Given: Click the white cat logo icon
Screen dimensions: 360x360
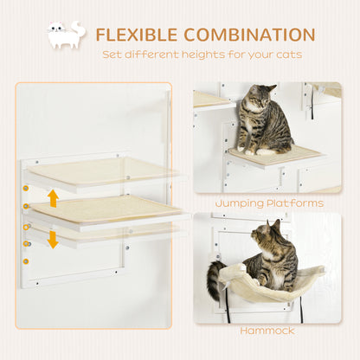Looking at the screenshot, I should (66, 35).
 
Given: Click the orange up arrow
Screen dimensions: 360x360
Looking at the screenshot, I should (53, 197).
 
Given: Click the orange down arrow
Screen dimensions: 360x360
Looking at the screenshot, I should (53, 238).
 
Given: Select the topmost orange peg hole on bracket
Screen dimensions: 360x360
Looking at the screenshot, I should (26, 187).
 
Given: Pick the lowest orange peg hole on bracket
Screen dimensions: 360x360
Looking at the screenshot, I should (26, 260).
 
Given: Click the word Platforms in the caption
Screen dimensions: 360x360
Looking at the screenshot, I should (294, 203).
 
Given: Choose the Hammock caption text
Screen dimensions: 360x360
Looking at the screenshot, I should (267, 331).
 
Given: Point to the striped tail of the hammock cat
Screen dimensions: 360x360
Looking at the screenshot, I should (214, 281).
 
